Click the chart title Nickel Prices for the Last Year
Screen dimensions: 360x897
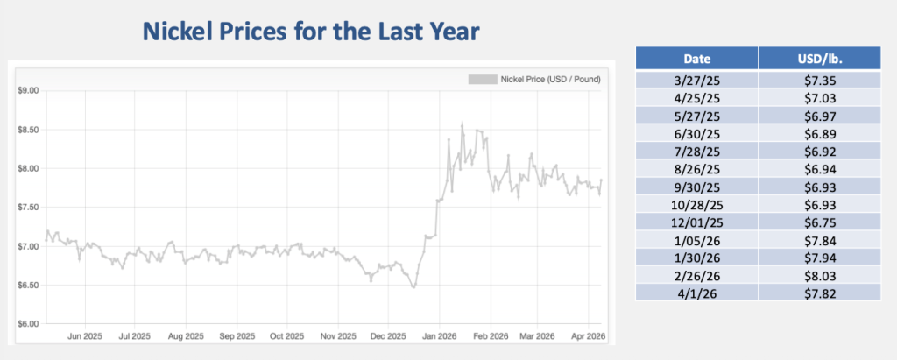[310, 33]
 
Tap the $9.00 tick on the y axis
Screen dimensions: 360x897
[26, 90]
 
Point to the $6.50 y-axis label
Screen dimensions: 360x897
[26, 285]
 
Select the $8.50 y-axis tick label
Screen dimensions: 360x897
[26, 130]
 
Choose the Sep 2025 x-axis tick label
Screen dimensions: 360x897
[237, 335]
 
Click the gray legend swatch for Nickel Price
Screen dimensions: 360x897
[481, 80]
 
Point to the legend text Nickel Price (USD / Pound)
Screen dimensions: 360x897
[550, 80]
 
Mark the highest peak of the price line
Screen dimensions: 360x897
[462, 124]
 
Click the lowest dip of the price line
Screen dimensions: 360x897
[413, 286]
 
